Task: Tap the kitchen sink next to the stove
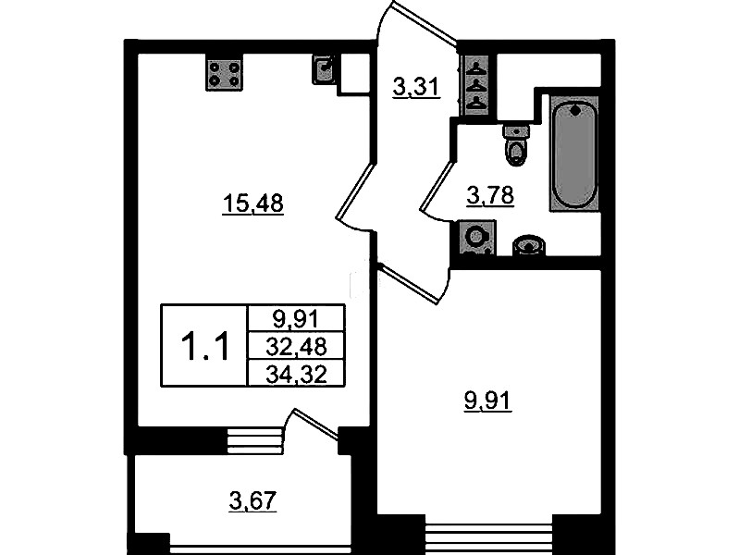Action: [x=324, y=69]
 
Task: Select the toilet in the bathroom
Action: [x=516, y=145]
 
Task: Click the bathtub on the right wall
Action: [x=574, y=154]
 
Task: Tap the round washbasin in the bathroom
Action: [x=528, y=245]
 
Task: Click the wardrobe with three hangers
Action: [x=478, y=85]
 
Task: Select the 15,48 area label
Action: [x=253, y=204]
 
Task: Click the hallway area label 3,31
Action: [x=416, y=87]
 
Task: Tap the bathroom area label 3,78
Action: [x=490, y=196]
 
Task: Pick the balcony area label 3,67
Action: [x=252, y=500]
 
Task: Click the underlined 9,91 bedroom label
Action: [x=487, y=402]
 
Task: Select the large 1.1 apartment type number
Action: [x=205, y=346]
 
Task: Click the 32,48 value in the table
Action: [x=296, y=347]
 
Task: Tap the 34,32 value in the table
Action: [x=296, y=376]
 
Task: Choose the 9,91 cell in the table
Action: [x=296, y=320]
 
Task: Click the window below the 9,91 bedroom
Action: [x=488, y=536]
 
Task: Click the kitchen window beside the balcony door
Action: [x=254, y=440]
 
